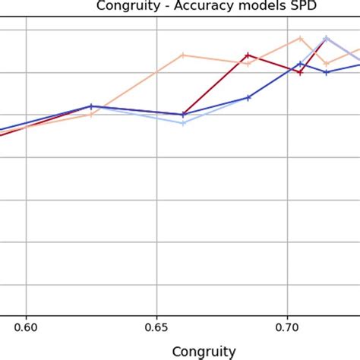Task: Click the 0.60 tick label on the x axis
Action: click(26, 328)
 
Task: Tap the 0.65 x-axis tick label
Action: click(156, 328)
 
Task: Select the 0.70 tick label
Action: click(287, 328)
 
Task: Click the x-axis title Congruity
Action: click(204, 351)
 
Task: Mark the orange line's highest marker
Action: click(300, 37)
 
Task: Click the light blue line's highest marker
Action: click(327, 37)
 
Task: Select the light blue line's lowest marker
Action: click(183, 123)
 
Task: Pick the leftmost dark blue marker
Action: click(91, 106)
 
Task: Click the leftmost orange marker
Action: click(91, 115)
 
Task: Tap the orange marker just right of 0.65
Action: click(183, 55)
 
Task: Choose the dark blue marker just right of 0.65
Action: click(183, 115)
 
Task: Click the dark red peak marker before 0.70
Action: click(248, 55)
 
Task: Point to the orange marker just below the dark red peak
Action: click(248, 64)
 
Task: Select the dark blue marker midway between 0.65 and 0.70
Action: click(248, 97)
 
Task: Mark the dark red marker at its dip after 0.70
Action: click(300, 72)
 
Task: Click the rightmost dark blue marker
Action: click(327, 72)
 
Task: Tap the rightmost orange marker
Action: click(327, 64)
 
